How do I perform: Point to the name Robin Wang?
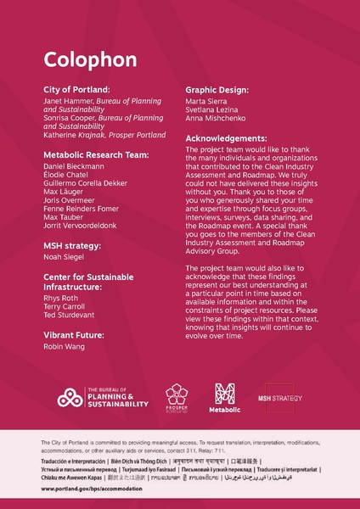[62, 348]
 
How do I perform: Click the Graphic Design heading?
[217, 89]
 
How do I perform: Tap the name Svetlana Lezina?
[213, 110]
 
